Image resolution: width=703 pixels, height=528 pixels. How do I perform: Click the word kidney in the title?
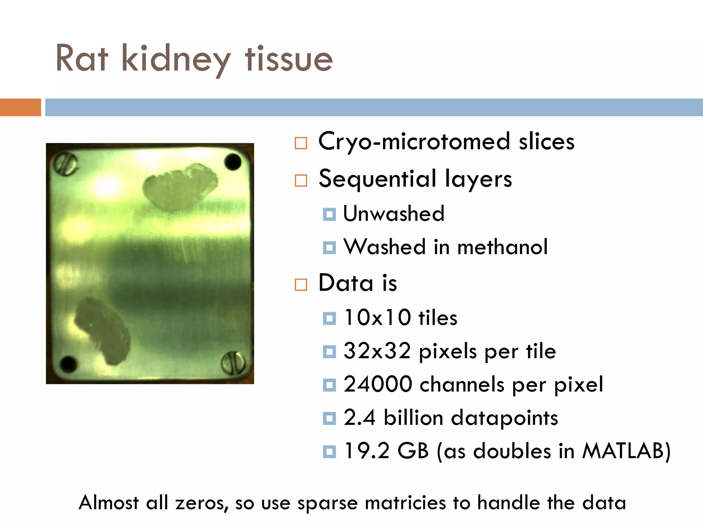coord(176,59)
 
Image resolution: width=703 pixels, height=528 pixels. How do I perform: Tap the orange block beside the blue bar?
coord(20,107)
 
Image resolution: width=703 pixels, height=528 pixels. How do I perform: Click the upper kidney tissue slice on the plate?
coord(181,187)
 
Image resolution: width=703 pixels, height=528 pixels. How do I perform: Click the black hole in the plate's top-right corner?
coord(233,162)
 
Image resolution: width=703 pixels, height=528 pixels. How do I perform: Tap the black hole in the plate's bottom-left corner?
coord(68,363)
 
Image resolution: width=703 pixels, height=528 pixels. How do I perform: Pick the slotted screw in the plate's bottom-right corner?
coord(233,363)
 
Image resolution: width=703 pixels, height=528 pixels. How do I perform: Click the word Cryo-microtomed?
coord(414,142)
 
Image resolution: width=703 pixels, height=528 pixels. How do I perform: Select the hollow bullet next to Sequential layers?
coord(301,180)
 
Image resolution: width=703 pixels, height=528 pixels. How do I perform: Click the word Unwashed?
coord(394,214)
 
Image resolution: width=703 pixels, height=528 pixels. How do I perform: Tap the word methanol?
coord(503,247)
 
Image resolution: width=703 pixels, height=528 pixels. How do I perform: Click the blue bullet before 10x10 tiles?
coord(329,318)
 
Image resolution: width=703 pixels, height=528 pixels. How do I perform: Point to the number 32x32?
coord(377,351)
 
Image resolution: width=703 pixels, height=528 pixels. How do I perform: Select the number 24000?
coord(378,384)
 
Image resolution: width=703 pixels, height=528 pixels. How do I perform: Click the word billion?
coord(413,418)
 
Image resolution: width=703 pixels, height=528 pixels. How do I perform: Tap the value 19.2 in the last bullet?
coord(367,451)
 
